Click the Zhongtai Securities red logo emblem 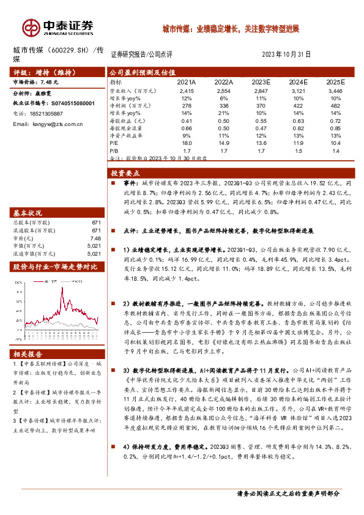(31, 26)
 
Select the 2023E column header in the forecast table (261, 81)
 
